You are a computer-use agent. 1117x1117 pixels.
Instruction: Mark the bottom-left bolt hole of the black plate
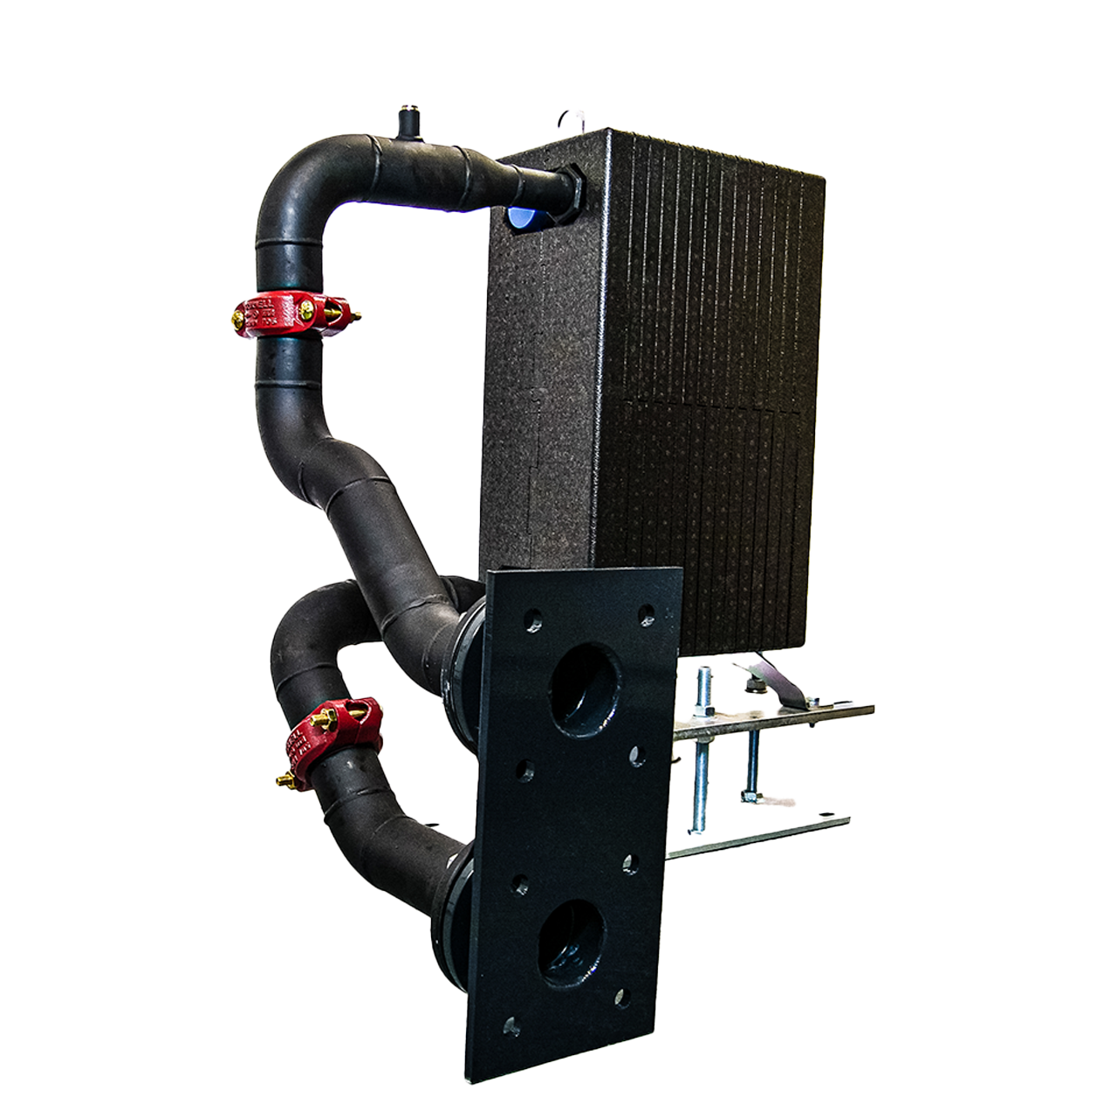coord(511,1027)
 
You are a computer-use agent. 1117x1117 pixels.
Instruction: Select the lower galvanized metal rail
coord(759,838)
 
